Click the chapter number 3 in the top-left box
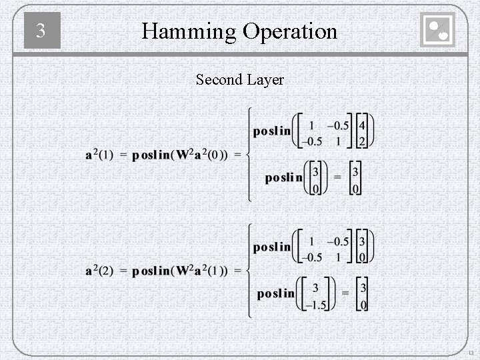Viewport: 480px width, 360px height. (x=41, y=31)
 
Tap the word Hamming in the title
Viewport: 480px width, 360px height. (x=189, y=31)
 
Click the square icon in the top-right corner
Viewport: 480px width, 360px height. (x=438, y=30)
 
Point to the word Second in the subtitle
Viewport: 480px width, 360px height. (x=219, y=80)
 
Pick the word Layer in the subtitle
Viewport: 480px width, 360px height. (x=265, y=80)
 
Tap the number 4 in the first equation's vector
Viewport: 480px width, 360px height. (x=362, y=125)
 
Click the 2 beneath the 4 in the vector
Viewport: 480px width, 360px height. (x=362, y=141)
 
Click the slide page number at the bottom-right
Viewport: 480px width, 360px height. (x=471, y=353)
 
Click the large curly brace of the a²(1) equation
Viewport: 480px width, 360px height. (x=248, y=155)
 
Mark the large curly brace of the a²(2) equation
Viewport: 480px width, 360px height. (x=248, y=271)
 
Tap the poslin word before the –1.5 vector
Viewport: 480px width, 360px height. (x=275, y=293)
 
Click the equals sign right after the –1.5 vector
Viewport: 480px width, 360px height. (x=345, y=293)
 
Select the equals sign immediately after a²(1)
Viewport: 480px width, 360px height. (x=123, y=155)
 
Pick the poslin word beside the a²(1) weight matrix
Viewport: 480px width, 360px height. (x=272, y=131)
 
